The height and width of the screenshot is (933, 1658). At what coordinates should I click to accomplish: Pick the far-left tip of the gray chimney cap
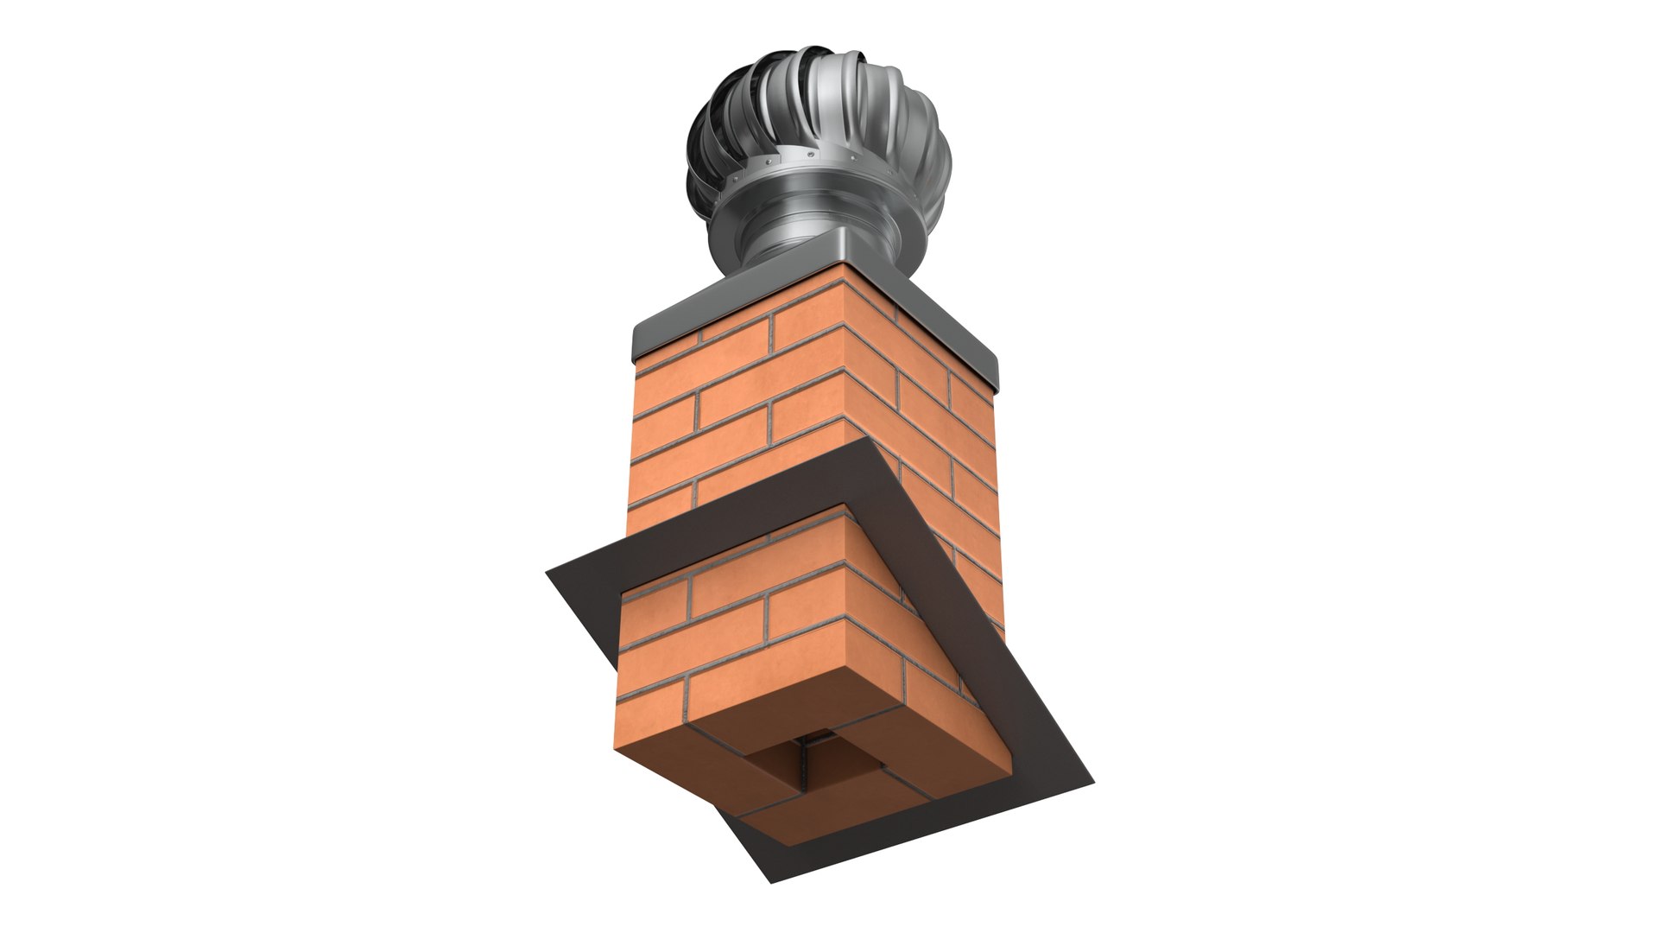(635, 346)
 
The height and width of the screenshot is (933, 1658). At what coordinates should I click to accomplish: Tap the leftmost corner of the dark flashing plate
(547, 572)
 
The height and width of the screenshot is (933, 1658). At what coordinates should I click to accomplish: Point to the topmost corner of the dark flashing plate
(868, 438)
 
